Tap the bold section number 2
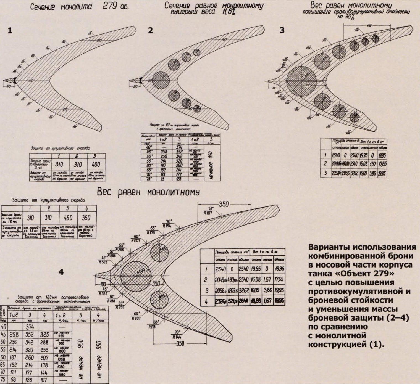pos(150,30)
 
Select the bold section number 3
pos(282,30)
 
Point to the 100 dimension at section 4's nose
pos(103,284)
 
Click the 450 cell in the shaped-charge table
pos(67,218)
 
